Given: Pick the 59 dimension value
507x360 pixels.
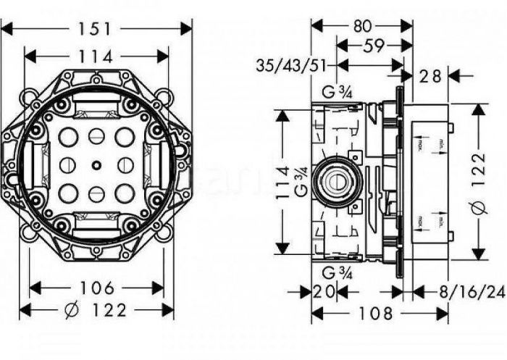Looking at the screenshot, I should point(374,47).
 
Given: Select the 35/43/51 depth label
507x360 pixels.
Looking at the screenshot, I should point(288,67).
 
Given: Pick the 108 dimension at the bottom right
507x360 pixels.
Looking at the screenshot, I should point(377,314).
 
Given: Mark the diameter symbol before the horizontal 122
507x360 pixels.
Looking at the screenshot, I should point(72,311).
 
